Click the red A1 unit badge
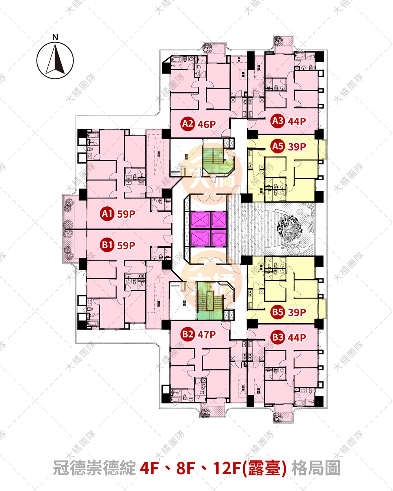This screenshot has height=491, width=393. pyautogui.click(x=107, y=214)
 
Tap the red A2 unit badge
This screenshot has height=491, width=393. pyautogui.click(x=187, y=124)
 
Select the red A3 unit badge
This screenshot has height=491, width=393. pyautogui.click(x=278, y=121)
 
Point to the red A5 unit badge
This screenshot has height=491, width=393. pyautogui.click(x=278, y=147)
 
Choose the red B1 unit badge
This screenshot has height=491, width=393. pyautogui.click(x=107, y=245)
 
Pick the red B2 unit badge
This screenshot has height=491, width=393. pyautogui.click(x=187, y=334)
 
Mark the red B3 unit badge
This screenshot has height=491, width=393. pyautogui.click(x=278, y=337)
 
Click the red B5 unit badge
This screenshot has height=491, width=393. pyautogui.click(x=278, y=312)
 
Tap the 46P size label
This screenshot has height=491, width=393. pyautogui.click(x=207, y=125)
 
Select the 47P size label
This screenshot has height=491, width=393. pyautogui.click(x=207, y=335)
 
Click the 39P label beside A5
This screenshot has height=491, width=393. pyautogui.click(x=297, y=147)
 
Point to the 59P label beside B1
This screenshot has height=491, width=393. pyautogui.click(x=126, y=245)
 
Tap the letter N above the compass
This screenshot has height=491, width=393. pyautogui.click(x=55, y=37)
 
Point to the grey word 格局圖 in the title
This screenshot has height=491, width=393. pyautogui.click(x=316, y=468)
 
